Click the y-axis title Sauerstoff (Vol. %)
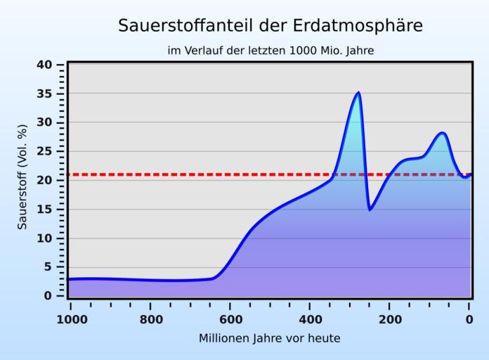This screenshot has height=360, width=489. (x=22, y=176)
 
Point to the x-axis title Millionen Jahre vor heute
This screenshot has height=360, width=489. (x=270, y=338)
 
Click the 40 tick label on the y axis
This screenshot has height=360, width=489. (x=44, y=65)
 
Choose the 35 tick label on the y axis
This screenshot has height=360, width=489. (x=44, y=94)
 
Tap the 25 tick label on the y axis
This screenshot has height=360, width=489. (x=44, y=151)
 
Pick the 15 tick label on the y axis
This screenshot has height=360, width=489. (x=44, y=209)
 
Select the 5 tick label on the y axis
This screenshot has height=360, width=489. (x=48, y=266)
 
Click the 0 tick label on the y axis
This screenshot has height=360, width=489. (x=48, y=295)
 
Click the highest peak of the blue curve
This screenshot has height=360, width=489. (x=358, y=93)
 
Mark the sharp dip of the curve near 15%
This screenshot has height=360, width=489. (x=370, y=209)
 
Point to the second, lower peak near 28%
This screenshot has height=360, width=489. (x=442, y=133)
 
